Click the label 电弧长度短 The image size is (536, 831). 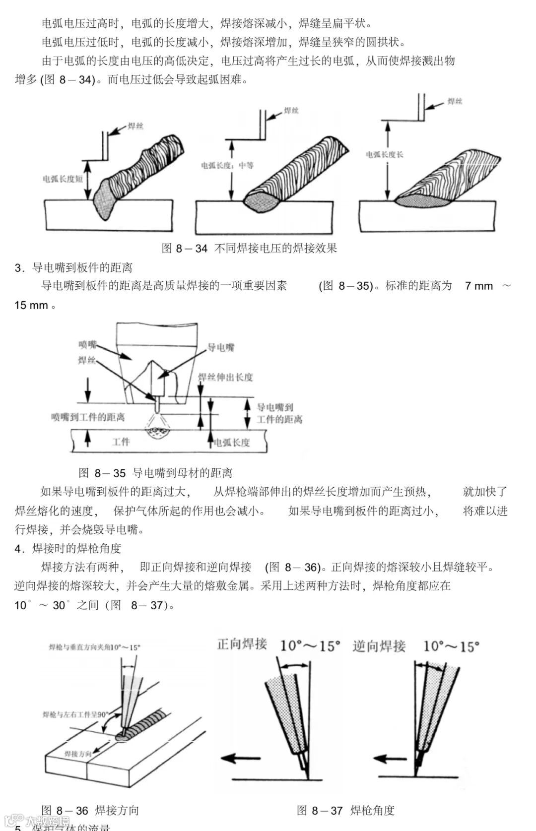click(63, 179)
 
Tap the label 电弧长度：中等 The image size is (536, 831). click(227, 165)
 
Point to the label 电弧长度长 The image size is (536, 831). click(385, 155)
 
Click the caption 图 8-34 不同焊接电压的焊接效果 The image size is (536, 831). click(250, 248)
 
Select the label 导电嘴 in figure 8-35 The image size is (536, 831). click(221, 347)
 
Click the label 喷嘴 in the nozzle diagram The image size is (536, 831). click(87, 345)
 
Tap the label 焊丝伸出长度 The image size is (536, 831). click(226, 377)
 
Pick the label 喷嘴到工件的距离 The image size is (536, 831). click(88, 417)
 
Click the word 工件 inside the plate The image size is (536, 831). click(121, 441)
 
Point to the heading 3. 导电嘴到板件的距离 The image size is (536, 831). click(73, 268)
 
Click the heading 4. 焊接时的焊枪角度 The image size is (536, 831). click(68, 548)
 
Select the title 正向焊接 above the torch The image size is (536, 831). click(242, 644)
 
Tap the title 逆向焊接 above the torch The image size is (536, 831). click(379, 646)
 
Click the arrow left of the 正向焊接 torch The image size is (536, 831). click(241, 758)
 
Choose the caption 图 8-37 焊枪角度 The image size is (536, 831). click(345, 810)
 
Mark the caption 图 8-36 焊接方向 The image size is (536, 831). click(90, 810)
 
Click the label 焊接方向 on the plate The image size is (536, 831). click(78, 754)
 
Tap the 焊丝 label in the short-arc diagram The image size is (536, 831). click(135, 126)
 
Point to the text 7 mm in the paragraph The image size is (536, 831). click(479, 286)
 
